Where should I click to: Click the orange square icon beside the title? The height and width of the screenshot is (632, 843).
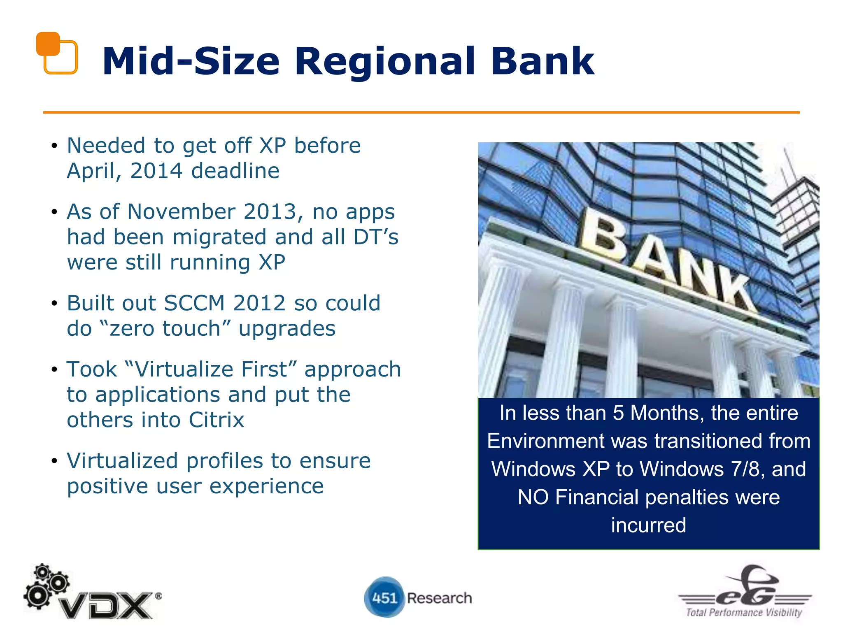point(56,53)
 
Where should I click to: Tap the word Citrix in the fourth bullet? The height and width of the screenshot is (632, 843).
point(217,420)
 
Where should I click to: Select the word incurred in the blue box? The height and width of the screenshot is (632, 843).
point(648,525)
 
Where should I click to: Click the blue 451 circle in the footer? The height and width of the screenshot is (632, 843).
point(384,597)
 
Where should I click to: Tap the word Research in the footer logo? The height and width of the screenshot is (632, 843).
point(439,598)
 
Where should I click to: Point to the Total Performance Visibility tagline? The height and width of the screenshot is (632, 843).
point(743,613)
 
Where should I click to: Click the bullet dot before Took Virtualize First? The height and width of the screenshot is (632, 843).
point(54,369)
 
